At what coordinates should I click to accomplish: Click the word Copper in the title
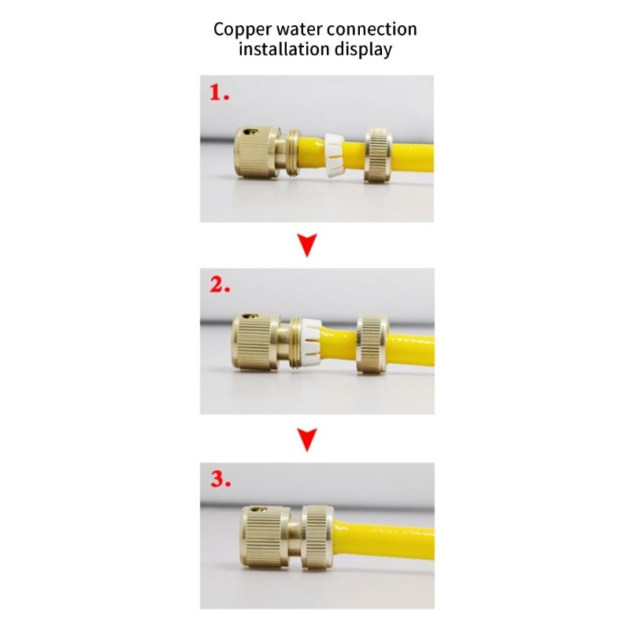coord(243,29)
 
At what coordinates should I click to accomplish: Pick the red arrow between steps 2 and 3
coord(309,441)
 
